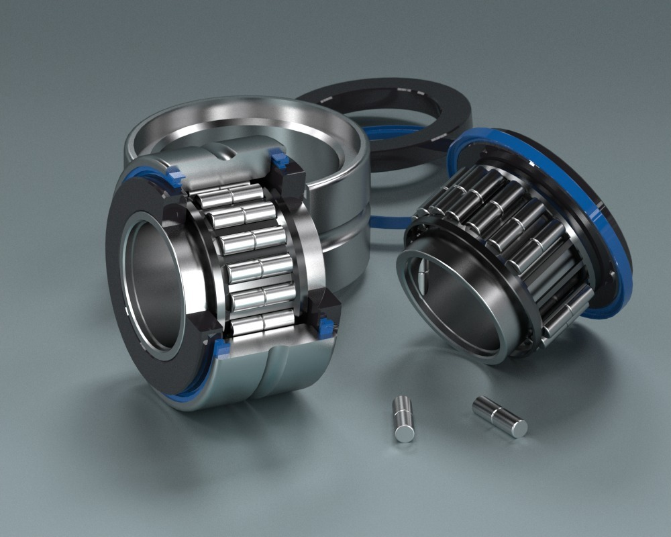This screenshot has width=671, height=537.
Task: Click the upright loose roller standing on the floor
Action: [403, 419]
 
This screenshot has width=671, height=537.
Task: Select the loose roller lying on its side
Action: [499, 416]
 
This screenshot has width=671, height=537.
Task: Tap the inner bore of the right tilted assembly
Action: [456, 309]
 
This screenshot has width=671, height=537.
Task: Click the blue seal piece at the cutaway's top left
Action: [176, 176]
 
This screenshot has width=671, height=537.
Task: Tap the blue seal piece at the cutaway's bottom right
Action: [326, 328]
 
